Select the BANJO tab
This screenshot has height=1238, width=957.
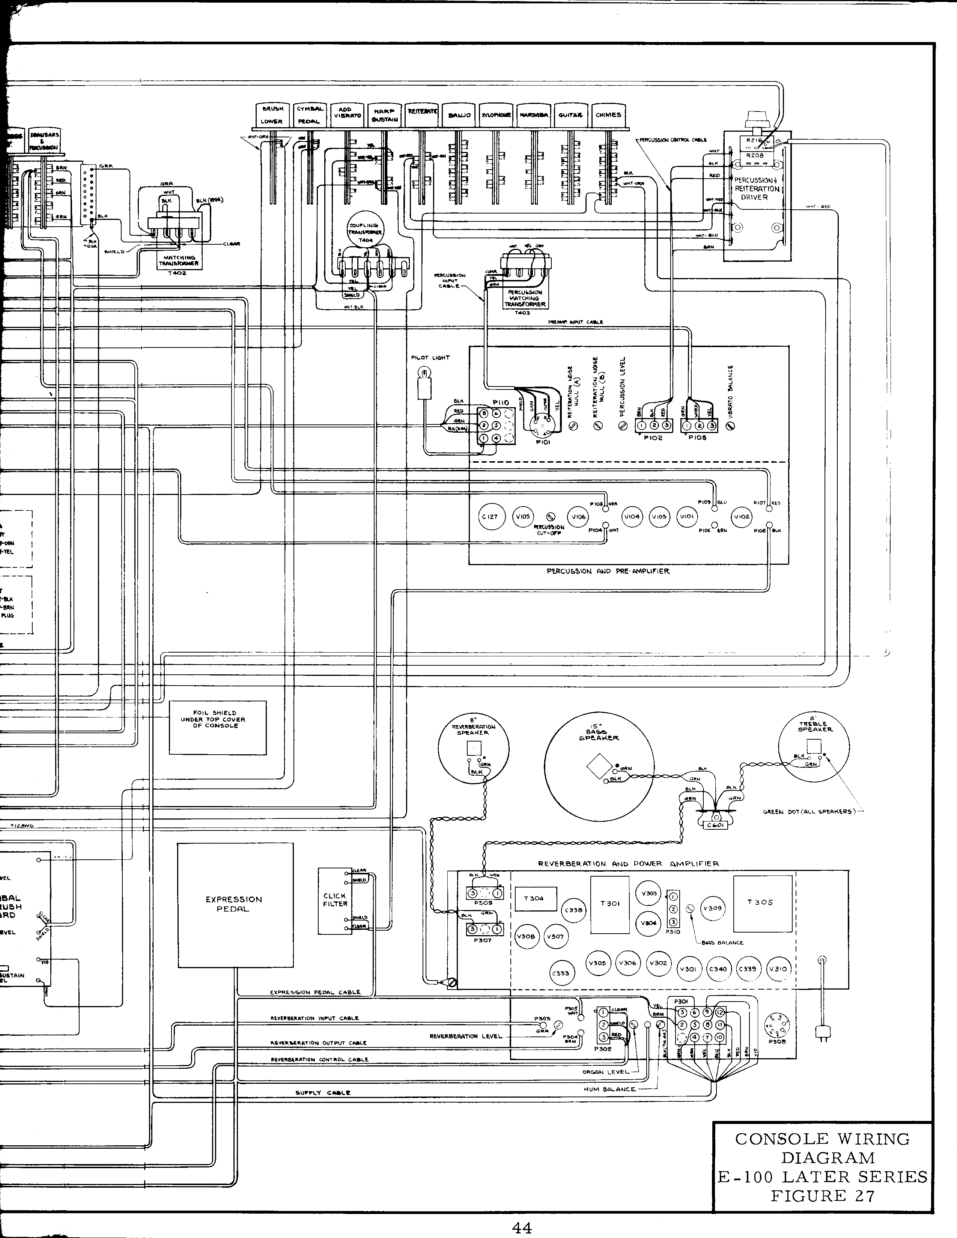coord(459,116)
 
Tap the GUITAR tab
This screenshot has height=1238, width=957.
coord(570,115)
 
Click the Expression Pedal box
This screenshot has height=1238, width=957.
coord(235,905)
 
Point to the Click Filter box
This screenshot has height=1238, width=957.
coord(334,900)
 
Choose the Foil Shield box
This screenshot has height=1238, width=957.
coord(218,727)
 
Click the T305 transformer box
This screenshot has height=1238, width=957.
coord(763,903)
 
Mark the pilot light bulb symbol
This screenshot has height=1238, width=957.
coord(422,373)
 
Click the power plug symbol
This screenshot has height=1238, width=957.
coord(822,1033)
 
